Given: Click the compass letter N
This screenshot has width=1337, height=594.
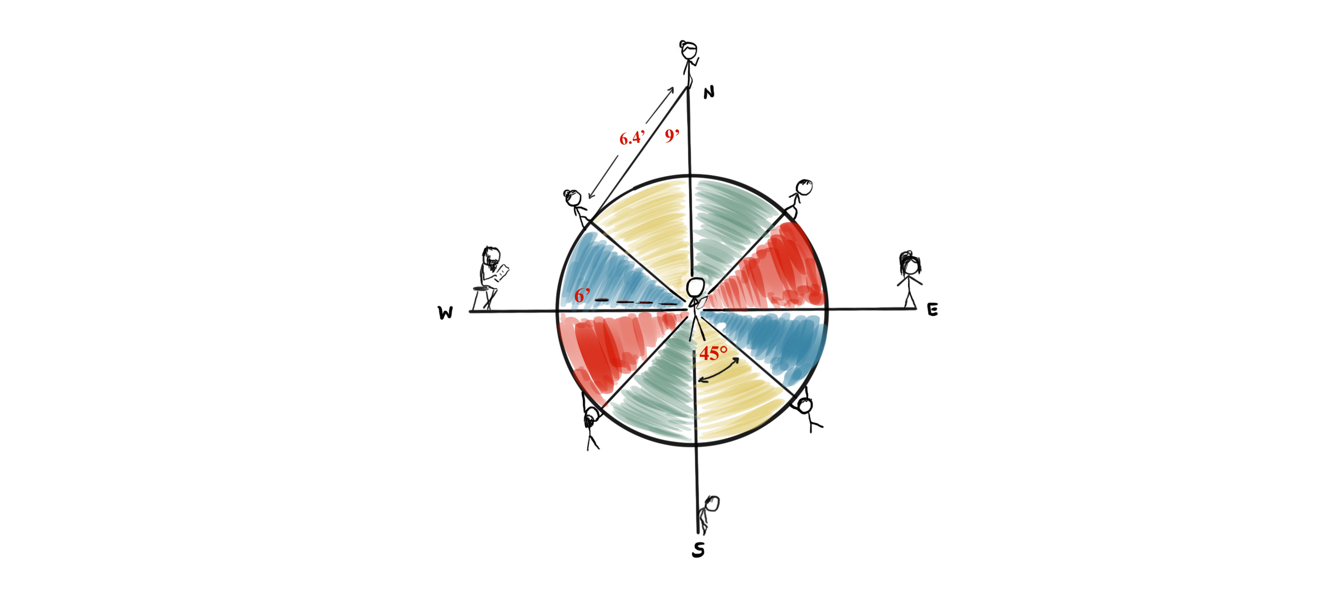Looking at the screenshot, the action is click(x=709, y=93).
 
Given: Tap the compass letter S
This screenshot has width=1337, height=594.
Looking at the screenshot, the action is click(x=699, y=549).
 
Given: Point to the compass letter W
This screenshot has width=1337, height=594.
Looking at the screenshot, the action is click(x=445, y=312).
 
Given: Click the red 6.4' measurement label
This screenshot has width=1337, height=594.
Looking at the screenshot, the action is click(x=632, y=138).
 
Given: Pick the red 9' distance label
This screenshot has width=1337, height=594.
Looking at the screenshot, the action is click(x=672, y=136).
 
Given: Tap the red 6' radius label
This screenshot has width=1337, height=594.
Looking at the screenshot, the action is click(x=582, y=295).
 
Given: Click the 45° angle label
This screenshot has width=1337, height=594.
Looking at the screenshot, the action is click(x=713, y=353).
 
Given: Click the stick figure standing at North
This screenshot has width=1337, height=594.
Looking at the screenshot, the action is click(x=689, y=63).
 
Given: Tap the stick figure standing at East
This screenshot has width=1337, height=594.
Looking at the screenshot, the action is click(x=909, y=279).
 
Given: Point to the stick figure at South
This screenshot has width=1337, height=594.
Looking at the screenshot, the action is click(x=708, y=515).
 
